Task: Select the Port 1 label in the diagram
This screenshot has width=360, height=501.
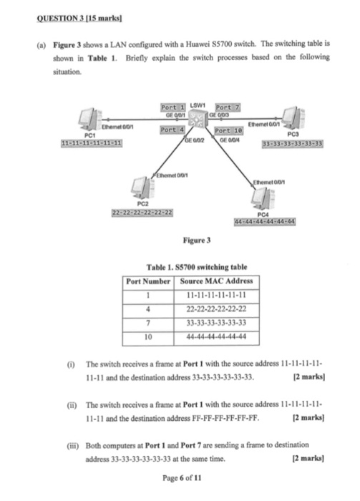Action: (174, 107)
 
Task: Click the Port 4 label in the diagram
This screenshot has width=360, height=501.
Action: (173, 130)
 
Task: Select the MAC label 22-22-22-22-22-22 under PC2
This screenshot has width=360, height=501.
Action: (145, 213)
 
